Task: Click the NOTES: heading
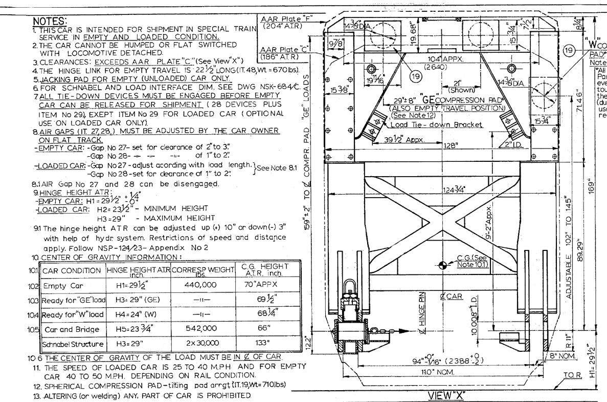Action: click(49, 21)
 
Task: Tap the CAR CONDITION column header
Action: click(72, 270)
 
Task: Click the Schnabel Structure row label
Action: click(73, 343)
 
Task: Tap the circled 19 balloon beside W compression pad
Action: click(568, 50)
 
